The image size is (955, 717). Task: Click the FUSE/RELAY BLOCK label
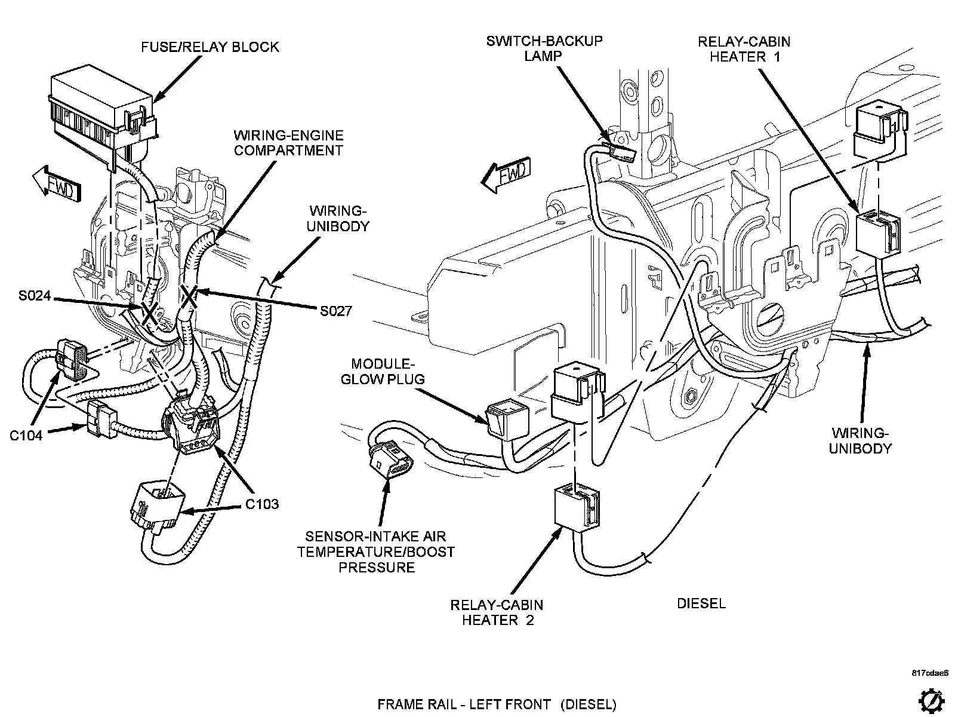(210, 47)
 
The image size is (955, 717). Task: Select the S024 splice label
(34, 296)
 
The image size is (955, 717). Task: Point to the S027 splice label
(335, 311)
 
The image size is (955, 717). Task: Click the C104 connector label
(26, 436)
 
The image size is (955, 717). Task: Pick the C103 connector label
(262, 504)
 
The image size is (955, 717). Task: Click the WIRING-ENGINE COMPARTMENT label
(288, 143)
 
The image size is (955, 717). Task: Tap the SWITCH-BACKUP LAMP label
(544, 48)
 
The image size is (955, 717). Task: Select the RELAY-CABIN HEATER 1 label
(744, 49)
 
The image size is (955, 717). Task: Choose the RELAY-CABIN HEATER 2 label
(497, 612)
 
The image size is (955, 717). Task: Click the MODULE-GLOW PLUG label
(383, 371)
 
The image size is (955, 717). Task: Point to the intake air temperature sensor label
(377, 551)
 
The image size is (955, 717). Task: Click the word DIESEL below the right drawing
(701, 603)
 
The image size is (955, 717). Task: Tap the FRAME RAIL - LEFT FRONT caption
(497, 704)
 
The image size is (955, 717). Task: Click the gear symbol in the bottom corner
(933, 701)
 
